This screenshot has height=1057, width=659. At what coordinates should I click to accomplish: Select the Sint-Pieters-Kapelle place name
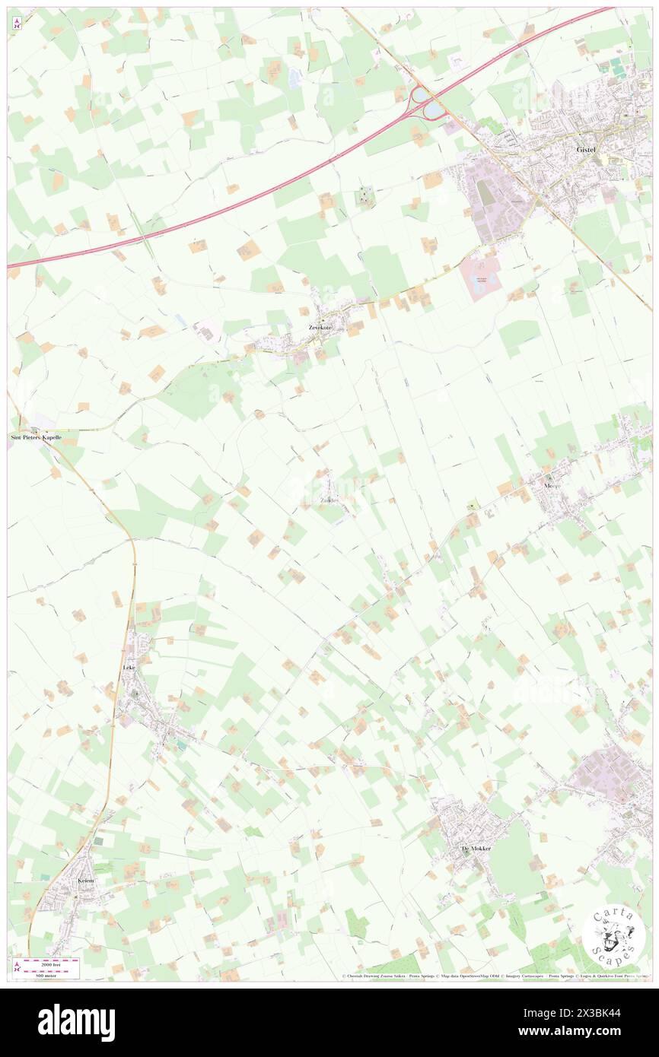[x=35, y=438]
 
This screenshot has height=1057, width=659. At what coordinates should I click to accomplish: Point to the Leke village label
[x=129, y=668]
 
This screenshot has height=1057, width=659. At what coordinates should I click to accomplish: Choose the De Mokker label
[x=476, y=848]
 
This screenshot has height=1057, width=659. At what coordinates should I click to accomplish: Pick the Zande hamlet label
[x=329, y=500]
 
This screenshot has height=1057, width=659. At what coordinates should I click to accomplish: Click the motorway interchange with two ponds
[x=426, y=102]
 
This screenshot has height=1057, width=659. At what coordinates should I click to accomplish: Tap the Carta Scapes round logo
[x=613, y=935]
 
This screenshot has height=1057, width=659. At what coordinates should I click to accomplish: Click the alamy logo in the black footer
[x=77, y=1022]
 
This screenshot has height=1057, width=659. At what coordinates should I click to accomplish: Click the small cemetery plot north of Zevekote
[x=365, y=198]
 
